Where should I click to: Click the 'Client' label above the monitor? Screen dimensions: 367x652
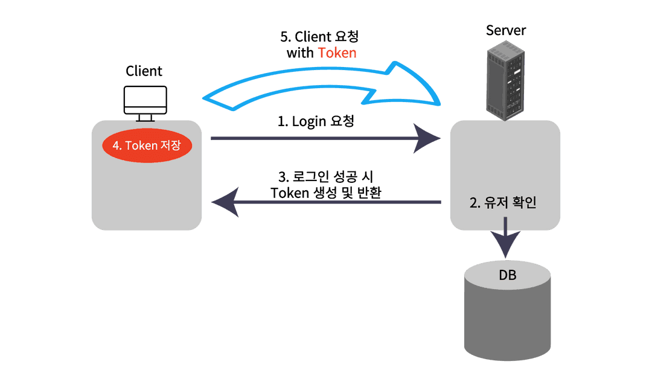click(144, 71)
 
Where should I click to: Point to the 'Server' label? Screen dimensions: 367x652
click(506, 30)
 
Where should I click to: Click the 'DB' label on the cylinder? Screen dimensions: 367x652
click(507, 276)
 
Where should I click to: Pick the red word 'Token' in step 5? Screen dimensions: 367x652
click(337, 53)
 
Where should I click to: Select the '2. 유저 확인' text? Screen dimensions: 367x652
click(503, 203)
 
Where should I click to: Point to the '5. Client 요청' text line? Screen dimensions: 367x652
click(323, 36)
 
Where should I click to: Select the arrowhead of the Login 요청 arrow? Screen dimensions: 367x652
click(430, 139)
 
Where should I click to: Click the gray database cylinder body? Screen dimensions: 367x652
click(507, 320)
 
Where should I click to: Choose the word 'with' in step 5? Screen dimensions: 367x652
click(300, 53)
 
